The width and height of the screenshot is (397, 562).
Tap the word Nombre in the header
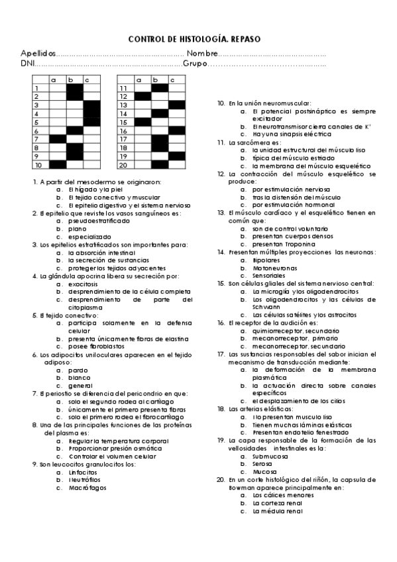pyautogui.click(x=201, y=54)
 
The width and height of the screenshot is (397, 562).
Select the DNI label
pyautogui.click(x=27, y=64)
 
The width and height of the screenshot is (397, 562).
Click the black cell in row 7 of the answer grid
pyautogui.click(x=58, y=139)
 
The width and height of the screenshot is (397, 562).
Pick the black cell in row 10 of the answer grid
pyautogui.click(x=58, y=164)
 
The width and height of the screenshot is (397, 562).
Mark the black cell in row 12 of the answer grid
pyautogui.click(x=142, y=96)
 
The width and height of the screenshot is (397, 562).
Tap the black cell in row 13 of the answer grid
pyautogui.click(x=176, y=105)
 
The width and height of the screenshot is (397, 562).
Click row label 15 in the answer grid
pyautogui.click(x=124, y=122)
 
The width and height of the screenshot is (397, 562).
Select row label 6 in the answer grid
pyautogui.click(x=38, y=130)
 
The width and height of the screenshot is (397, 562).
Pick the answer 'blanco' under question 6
pyautogui.click(x=79, y=378)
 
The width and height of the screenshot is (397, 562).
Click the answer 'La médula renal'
pyautogui.click(x=277, y=511)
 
